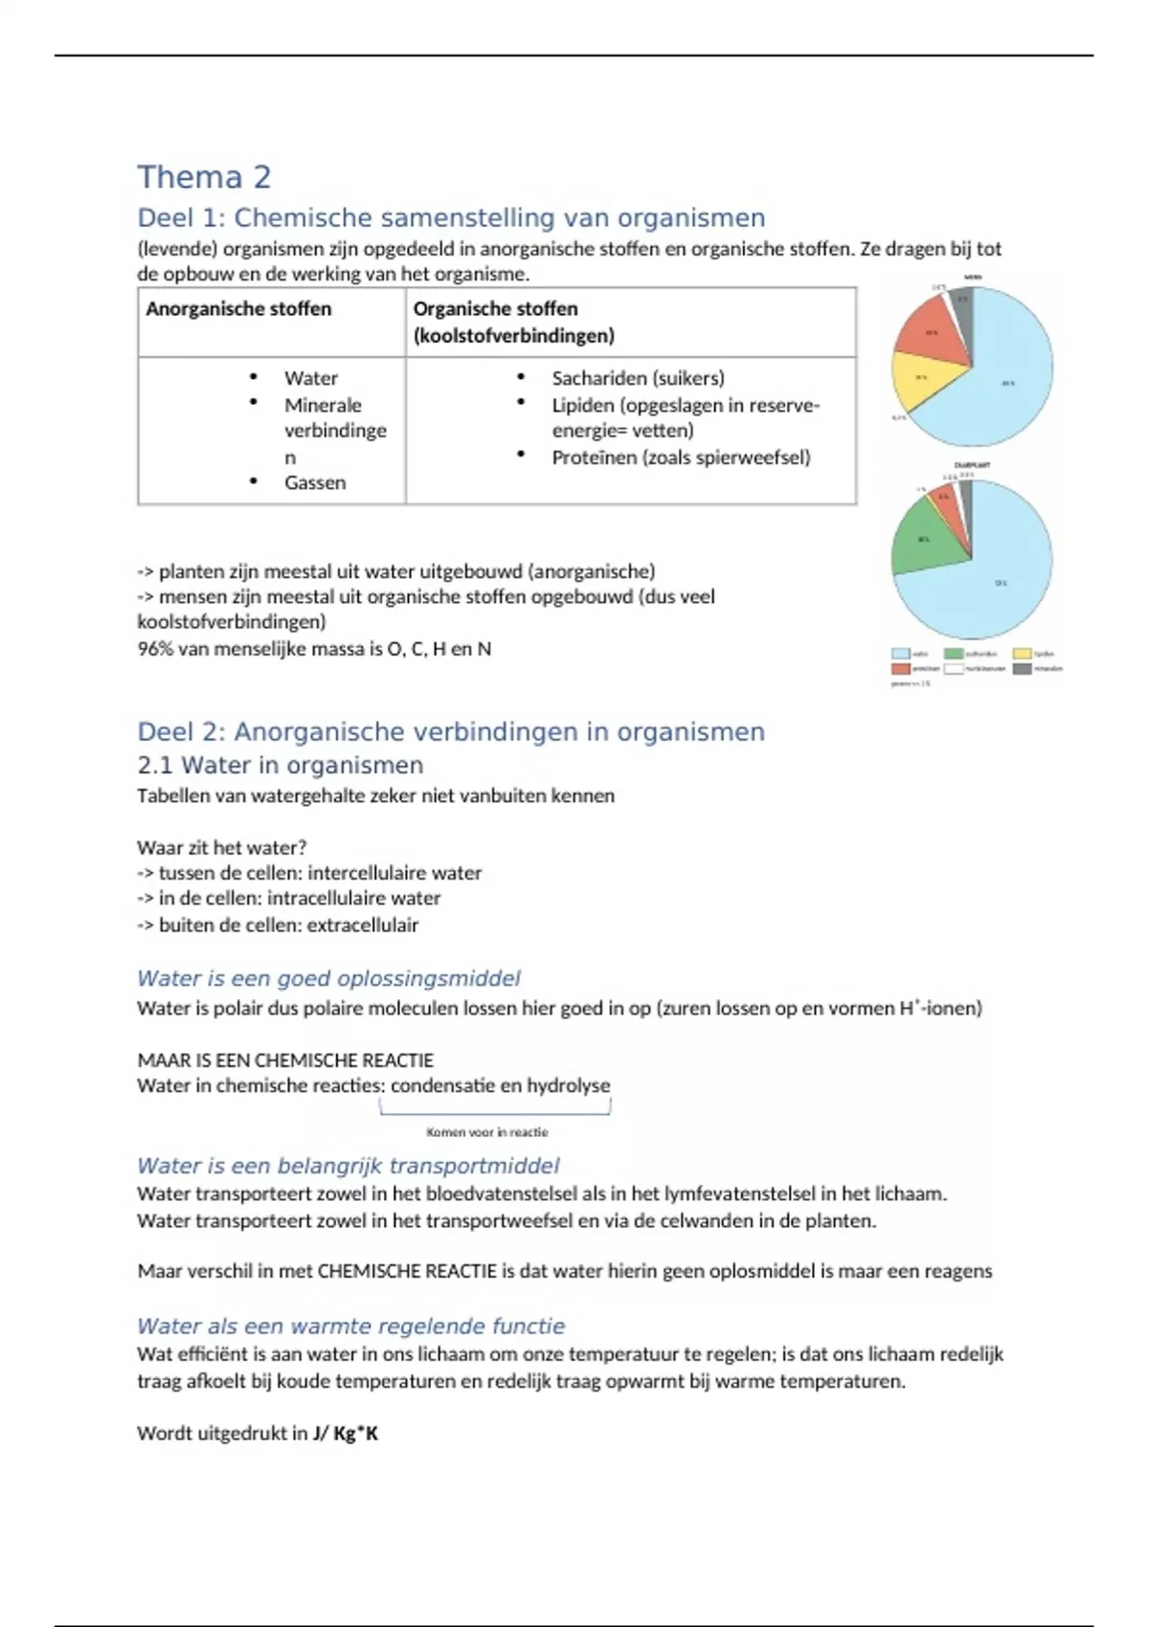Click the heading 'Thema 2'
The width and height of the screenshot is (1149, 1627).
(x=204, y=177)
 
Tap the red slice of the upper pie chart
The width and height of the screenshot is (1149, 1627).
(x=932, y=330)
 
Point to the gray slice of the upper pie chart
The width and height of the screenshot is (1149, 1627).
(x=964, y=304)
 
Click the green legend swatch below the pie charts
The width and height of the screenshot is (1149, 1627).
(x=954, y=654)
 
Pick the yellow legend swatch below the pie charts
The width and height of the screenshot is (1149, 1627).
(x=1023, y=654)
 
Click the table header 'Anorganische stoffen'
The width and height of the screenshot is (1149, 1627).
(x=238, y=309)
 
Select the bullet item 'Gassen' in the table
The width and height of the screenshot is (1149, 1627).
(x=314, y=482)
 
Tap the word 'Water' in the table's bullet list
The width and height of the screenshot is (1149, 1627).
(x=310, y=378)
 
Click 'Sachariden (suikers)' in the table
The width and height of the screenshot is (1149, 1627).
(x=638, y=378)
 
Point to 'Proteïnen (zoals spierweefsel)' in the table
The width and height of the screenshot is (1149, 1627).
(x=681, y=457)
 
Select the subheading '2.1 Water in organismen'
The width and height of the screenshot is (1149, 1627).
(x=280, y=766)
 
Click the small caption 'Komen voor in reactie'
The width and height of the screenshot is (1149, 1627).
(x=487, y=1132)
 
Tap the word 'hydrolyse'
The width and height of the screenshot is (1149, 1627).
(x=568, y=1085)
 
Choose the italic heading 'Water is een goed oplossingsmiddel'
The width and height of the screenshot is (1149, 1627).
(x=328, y=978)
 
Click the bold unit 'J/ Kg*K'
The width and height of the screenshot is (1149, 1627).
(x=345, y=1433)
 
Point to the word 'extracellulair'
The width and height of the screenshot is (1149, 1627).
(x=362, y=925)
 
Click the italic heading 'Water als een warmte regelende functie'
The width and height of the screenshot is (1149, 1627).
(x=350, y=1326)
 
